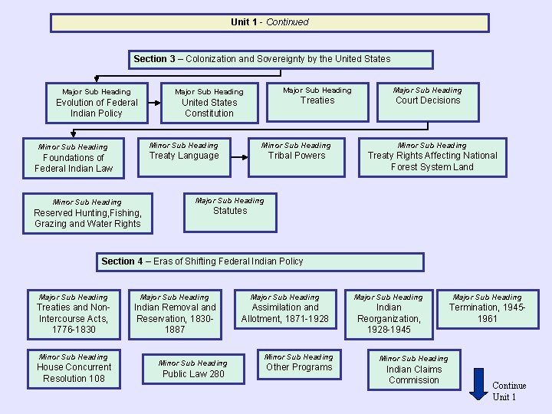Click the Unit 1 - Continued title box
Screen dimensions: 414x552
point(269,22)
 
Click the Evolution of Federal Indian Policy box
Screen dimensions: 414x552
point(96,103)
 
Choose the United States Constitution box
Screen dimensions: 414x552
point(209,103)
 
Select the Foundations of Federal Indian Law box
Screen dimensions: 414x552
point(74,158)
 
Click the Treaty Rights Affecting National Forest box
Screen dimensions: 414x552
point(432,156)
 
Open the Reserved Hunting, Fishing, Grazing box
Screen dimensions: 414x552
point(87,213)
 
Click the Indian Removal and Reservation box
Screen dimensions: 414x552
point(175,313)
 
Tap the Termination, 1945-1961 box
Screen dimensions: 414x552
point(487,313)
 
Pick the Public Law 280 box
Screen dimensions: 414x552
point(193,369)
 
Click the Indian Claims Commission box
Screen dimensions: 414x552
point(414,370)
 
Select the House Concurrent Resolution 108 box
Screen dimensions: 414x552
point(74,369)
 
